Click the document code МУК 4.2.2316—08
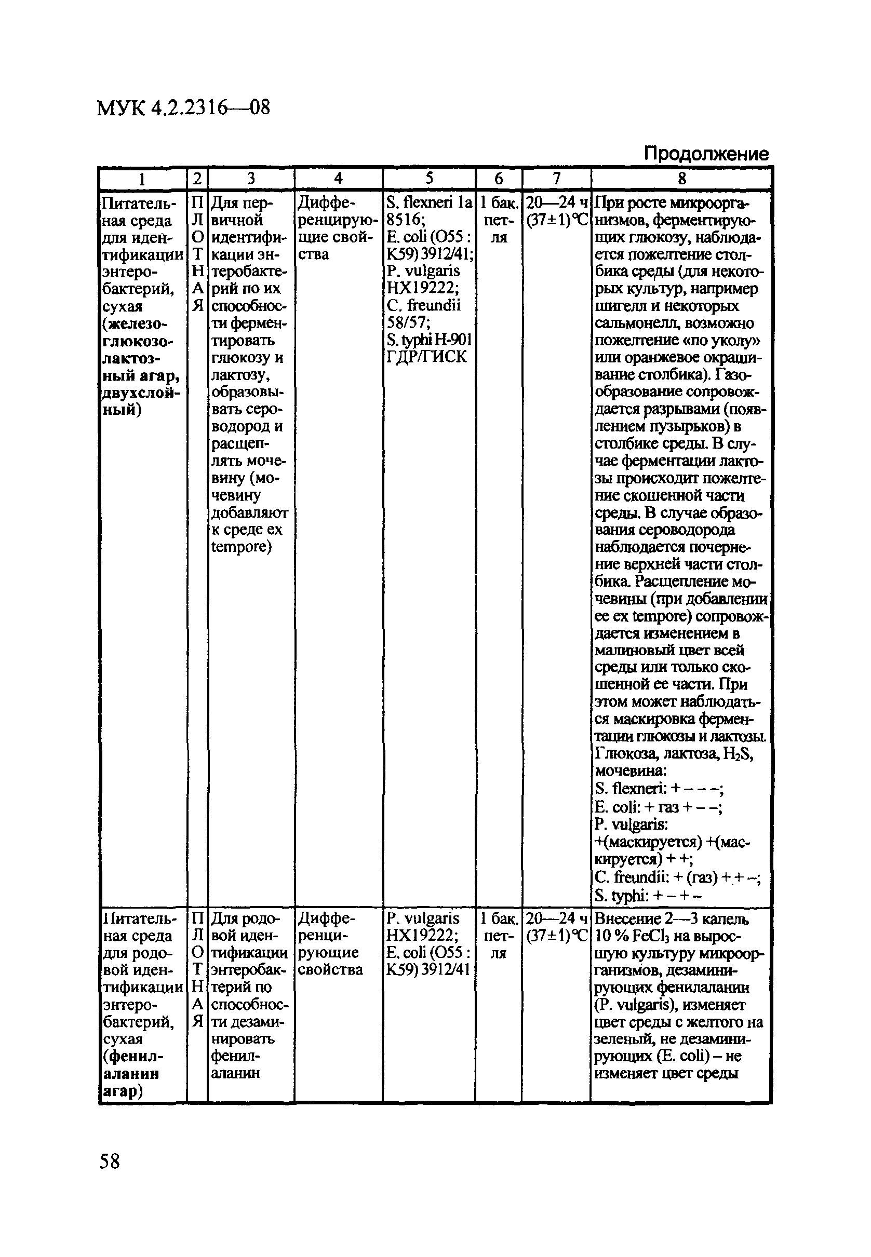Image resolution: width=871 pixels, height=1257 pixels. (183, 107)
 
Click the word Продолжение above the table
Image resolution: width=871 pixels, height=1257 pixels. (706, 153)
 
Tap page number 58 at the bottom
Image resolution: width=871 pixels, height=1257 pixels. (109, 1161)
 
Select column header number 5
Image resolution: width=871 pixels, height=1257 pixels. (429, 179)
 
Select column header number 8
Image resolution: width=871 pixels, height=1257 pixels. (681, 179)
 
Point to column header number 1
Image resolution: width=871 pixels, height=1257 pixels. (142, 179)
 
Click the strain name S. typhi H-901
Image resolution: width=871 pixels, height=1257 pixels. (428, 340)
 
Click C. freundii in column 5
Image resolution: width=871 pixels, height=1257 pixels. (423, 305)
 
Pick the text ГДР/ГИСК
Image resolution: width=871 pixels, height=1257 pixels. (426, 357)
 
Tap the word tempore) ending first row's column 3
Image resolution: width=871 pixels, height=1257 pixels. (241, 547)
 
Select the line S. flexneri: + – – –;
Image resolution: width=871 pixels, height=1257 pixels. (659, 789)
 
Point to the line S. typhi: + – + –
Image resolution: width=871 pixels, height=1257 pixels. (648, 896)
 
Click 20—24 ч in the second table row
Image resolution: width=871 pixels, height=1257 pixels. (556, 919)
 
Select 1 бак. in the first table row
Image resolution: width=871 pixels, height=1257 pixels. (498, 203)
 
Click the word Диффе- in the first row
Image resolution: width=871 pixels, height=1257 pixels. (326, 203)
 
